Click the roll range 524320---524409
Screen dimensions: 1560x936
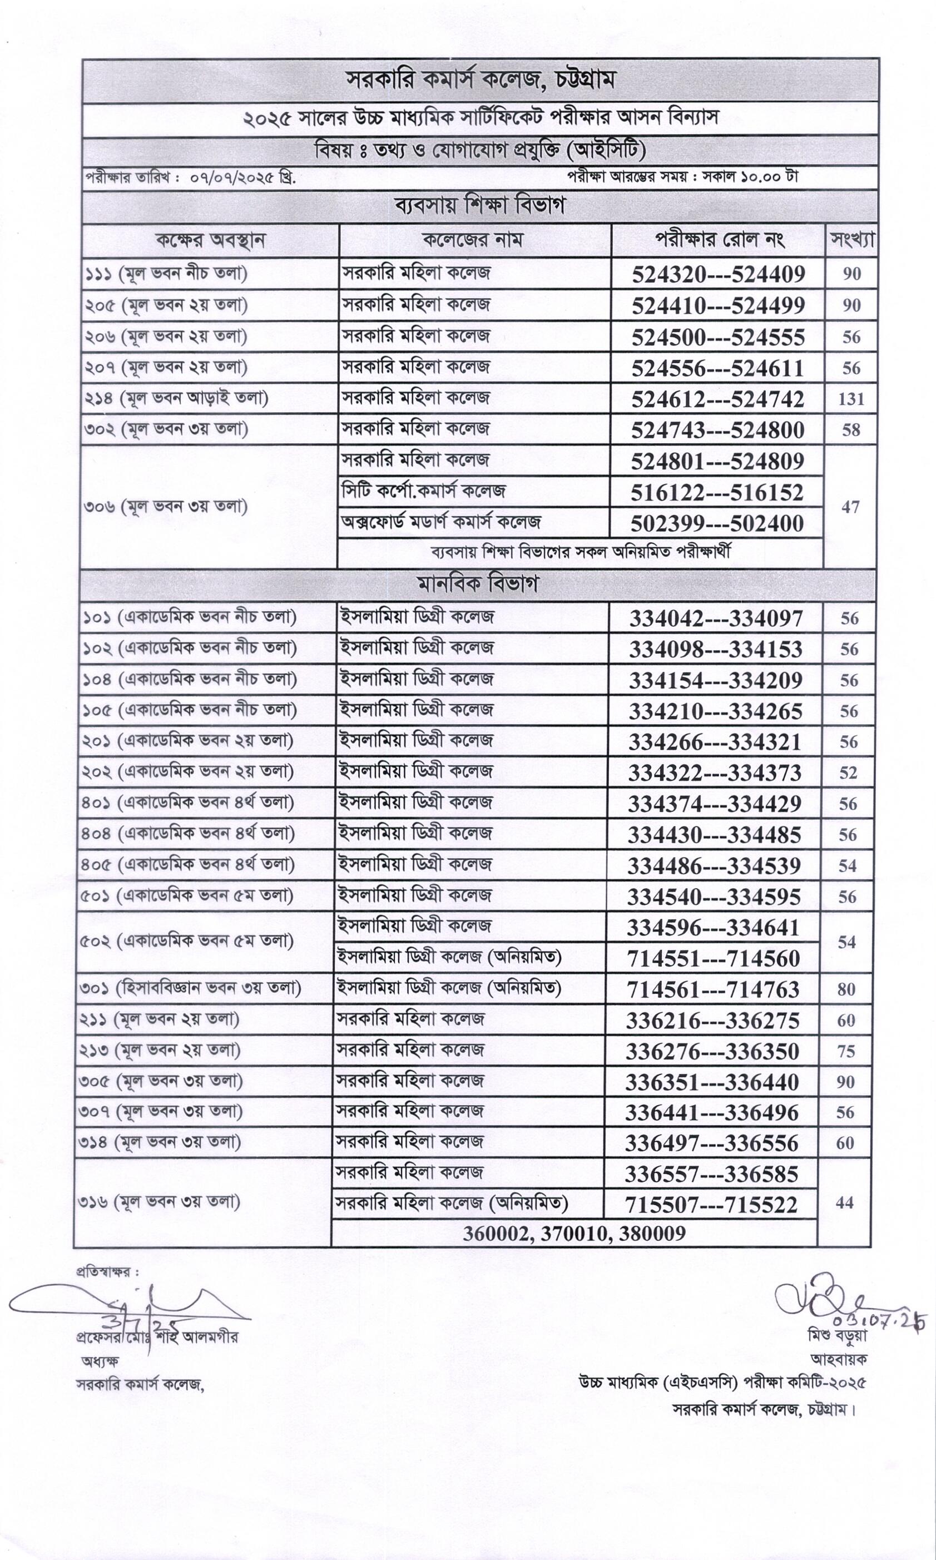718,274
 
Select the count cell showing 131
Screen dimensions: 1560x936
851,399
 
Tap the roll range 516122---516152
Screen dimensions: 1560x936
717,492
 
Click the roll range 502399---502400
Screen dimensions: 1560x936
717,523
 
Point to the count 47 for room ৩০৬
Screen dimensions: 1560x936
850,507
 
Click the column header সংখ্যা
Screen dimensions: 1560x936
852,240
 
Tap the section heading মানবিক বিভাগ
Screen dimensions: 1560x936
478,585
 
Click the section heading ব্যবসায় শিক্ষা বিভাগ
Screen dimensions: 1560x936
479,206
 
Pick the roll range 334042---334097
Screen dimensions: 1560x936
715,618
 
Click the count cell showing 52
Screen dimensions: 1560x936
848,773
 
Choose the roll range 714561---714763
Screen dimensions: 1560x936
714,989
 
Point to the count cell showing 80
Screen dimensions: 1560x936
846,989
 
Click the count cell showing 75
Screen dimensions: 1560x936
846,1051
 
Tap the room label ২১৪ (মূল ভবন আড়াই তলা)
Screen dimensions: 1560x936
177,399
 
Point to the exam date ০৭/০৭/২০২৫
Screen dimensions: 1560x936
236,178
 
